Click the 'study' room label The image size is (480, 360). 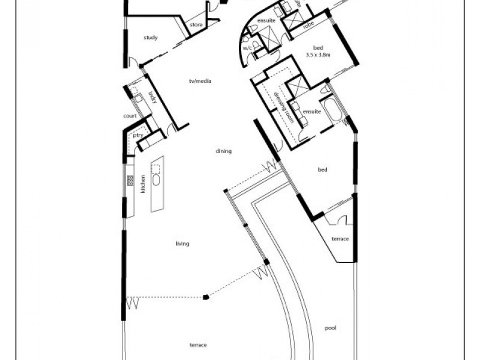151,38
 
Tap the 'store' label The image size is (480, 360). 196,25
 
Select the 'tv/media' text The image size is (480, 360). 200,81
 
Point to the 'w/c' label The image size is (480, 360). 247,47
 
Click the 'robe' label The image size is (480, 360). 308,25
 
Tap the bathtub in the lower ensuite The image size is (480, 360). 331,112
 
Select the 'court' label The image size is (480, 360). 130,116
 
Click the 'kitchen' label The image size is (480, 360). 143,184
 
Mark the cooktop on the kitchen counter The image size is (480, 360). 130,179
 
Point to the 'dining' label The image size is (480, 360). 224,151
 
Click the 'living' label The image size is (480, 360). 182,244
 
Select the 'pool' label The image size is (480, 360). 330,328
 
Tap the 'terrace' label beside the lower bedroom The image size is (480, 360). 340,239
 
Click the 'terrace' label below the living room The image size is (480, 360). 198,346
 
